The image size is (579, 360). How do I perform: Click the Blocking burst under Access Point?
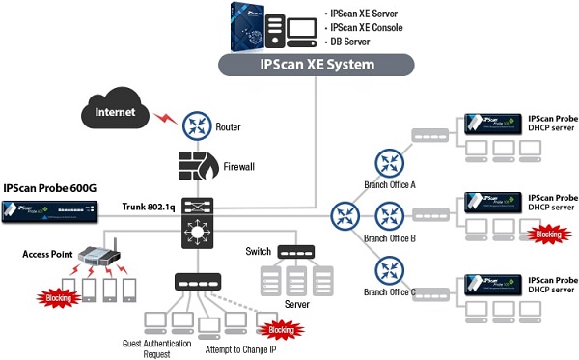[x=59, y=299]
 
